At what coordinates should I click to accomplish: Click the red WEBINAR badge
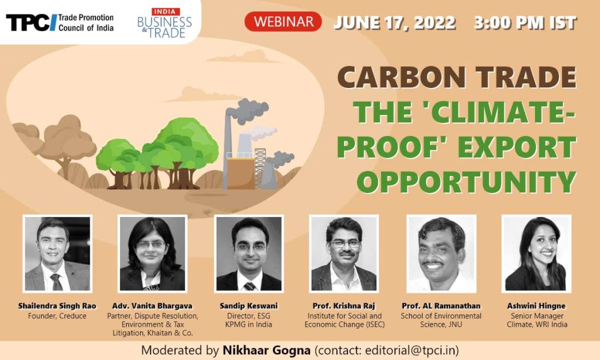click(x=283, y=22)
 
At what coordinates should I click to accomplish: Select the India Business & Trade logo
click(x=165, y=23)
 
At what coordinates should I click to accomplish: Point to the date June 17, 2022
click(x=394, y=23)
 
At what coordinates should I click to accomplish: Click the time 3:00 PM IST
click(x=525, y=23)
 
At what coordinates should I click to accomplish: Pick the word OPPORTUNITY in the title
click(x=466, y=182)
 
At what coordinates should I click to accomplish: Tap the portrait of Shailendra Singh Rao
click(x=57, y=253)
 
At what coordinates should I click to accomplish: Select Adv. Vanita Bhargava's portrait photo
click(x=152, y=253)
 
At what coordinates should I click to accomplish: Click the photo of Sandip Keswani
click(x=248, y=253)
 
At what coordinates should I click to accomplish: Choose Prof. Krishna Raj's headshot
click(x=344, y=253)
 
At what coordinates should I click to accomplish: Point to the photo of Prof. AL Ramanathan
click(x=441, y=253)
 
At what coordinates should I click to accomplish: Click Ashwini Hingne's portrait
click(x=536, y=253)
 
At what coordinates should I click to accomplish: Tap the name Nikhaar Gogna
click(x=267, y=350)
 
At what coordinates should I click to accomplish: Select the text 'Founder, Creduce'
click(x=57, y=316)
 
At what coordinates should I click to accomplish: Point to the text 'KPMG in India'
click(x=248, y=324)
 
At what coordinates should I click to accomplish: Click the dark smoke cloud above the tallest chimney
click(x=247, y=110)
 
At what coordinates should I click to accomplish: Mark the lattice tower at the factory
click(x=260, y=168)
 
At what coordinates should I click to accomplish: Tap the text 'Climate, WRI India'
click(x=537, y=324)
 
